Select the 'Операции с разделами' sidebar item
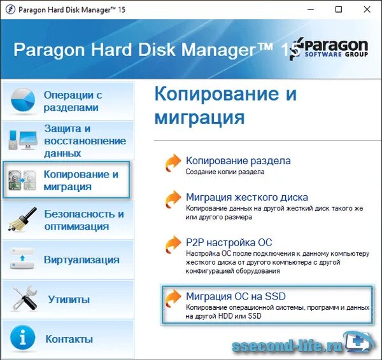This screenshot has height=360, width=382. click(x=73, y=101)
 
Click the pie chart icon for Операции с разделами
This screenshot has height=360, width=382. click(x=24, y=100)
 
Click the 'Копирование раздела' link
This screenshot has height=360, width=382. click(x=237, y=161)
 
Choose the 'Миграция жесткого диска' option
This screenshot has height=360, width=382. click(x=246, y=197)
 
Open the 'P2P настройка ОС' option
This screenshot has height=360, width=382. click(x=229, y=242)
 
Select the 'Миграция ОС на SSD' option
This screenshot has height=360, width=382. click(x=236, y=296)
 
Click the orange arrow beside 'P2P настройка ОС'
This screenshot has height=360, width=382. click(x=173, y=244)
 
